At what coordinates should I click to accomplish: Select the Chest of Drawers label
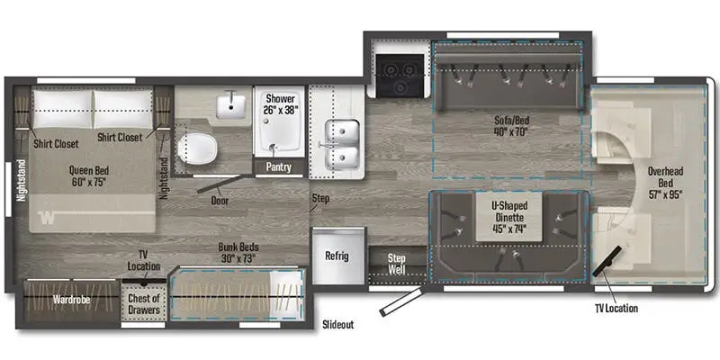point(144,304)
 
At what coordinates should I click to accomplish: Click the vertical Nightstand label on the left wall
point(19,192)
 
